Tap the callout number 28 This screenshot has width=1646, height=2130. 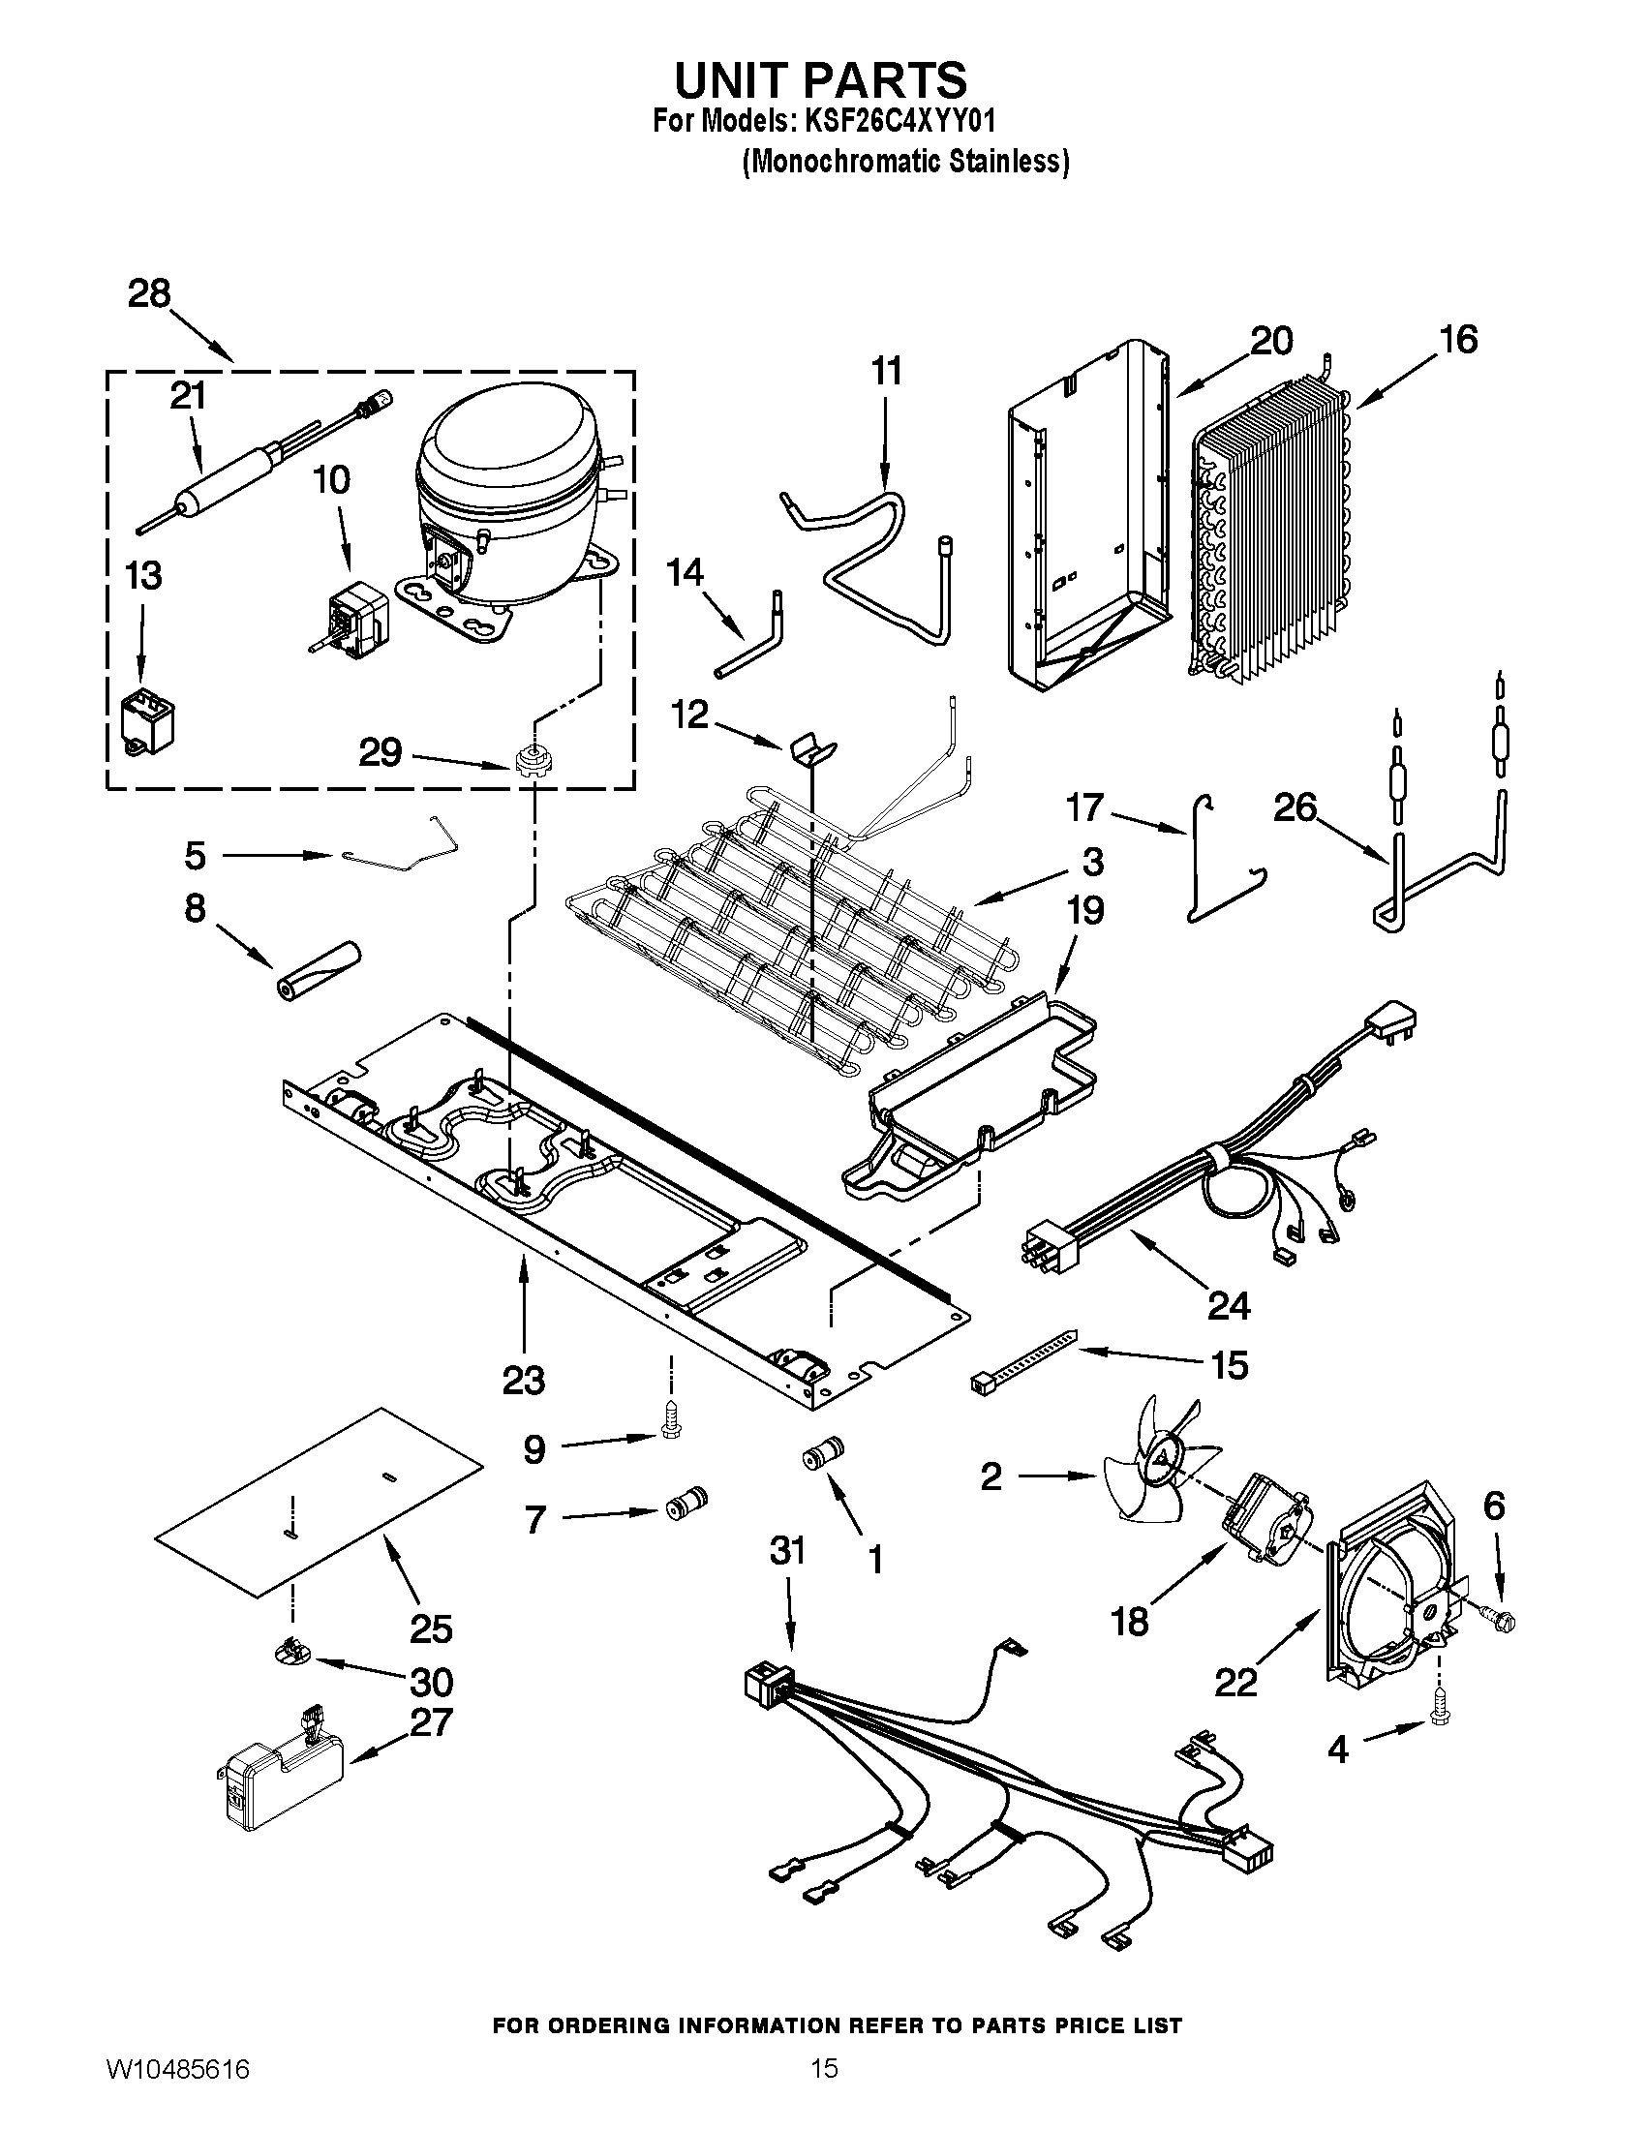click(x=149, y=293)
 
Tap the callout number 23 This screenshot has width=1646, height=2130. click(x=524, y=1381)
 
